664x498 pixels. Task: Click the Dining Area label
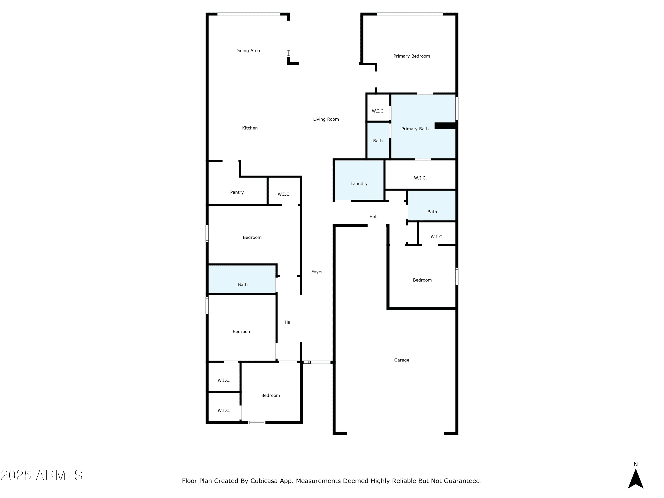pyautogui.click(x=248, y=51)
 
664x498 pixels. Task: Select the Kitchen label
pyautogui.click(x=250, y=128)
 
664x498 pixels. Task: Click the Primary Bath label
pyautogui.click(x=415, y=129)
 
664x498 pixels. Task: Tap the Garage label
pyautogui.click(x=402, y=360)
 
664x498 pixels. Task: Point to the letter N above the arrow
pyautogui.click(x=635, y=464)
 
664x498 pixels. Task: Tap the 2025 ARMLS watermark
pyautogui.click(x=42, y=475)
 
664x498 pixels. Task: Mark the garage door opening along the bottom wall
pyautogui.click(x=395, y=433)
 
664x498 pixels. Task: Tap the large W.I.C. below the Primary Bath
pyautogui.click(x=420, y=175)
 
